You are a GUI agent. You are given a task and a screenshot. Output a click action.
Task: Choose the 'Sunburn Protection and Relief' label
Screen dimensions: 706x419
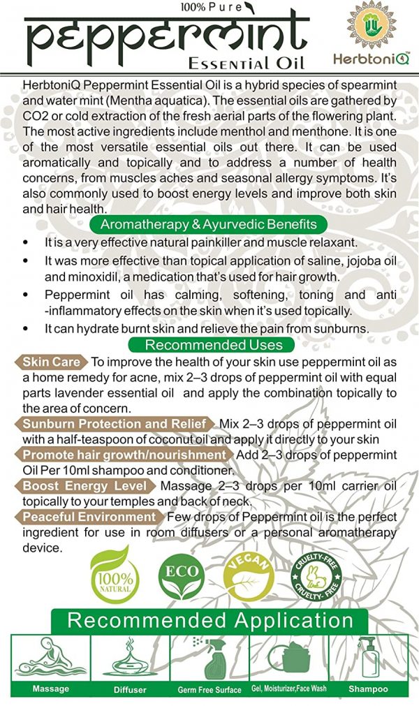click(115, 424)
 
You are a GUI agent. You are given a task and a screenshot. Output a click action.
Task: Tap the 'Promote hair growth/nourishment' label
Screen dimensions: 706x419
click(124, 455)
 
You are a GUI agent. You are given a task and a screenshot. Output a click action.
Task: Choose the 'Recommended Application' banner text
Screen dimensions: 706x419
click(210, 620)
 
